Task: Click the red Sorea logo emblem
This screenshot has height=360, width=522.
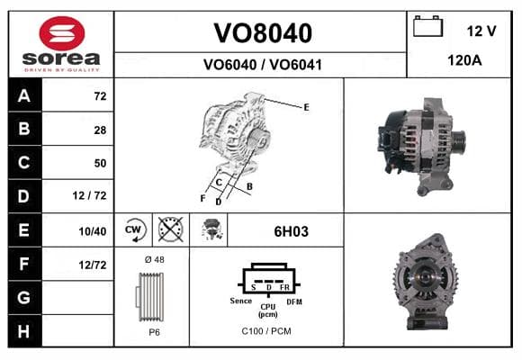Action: click(x=62, y=33)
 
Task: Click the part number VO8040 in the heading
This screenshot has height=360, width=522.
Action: click(x=263, y=33)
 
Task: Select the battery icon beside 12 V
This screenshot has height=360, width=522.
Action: click(x=427, y=26)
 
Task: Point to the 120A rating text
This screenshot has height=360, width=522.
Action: click(x=464, y=60)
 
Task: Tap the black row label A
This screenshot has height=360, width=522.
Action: click(x=25, y=95)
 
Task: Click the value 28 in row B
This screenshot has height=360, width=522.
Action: click(x=100, y=130)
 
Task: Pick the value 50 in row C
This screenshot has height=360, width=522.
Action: click(x=100, y=163)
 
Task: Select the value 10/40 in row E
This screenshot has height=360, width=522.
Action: click(x=93, y=231)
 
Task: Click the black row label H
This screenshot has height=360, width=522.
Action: click(x=25, y=331)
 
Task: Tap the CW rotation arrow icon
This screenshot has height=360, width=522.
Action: click(x=134, y=229)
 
